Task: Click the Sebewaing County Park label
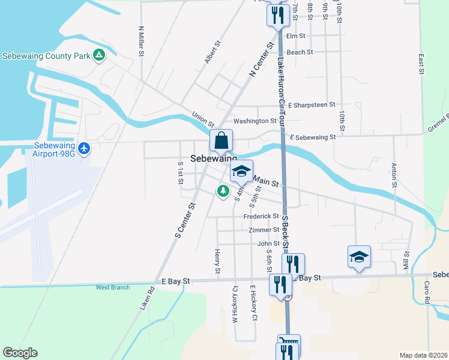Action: [x=46, y=56]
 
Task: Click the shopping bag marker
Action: [x=221, y=140]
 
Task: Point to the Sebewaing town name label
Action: [x=214, y=159]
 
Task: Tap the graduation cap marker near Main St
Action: [x=241, y=172]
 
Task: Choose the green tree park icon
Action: [x=223, y=191]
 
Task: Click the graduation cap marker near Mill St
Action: [x=359, y=257]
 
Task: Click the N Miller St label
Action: [x=142, y=41]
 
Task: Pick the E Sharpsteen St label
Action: [x=312, y=105]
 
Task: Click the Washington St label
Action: [x=255, y=121]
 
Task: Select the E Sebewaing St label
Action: [x=312, y=137]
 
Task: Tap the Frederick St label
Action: [x=261, y=216]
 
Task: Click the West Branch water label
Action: [x=113, y=287]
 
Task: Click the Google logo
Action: [x=20, y=353]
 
